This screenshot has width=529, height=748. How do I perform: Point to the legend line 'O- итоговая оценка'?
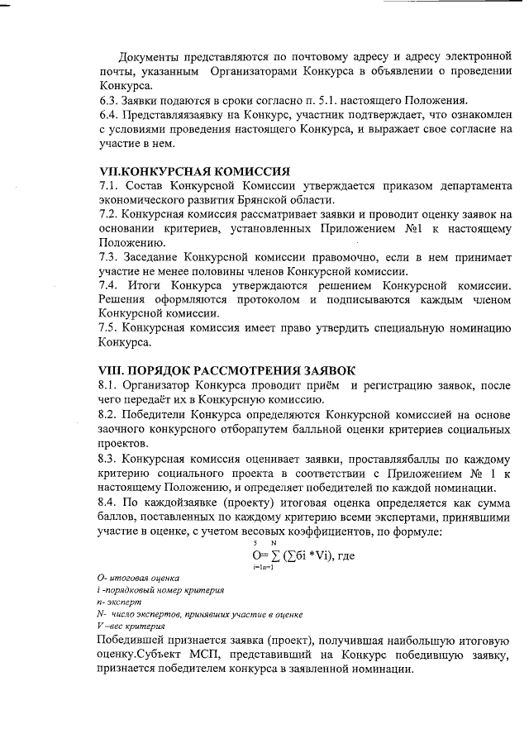(137, 576)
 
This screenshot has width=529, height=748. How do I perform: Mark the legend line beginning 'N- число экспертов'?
(199, 614)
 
